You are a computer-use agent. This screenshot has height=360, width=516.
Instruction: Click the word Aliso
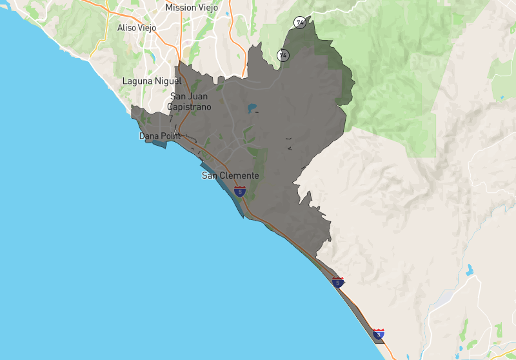pyautogui.click(x=128, y=28)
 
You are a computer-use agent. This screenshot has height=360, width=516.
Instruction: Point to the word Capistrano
pyautogui.click(x=189, y=106)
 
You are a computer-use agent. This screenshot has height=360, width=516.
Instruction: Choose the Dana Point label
pyautogui.click(x=159, y=136)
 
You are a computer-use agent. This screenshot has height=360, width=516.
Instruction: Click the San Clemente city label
pyautogui.click(x=230, y=175)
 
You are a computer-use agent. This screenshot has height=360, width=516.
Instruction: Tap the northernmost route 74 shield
pyautogui.click(x=300, y=23)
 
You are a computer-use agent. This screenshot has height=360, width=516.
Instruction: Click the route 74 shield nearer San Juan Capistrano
pyautogui.click(x=283, y=55)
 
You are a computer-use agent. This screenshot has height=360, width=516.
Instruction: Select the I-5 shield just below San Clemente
pyautogui.click(x=240, y=192)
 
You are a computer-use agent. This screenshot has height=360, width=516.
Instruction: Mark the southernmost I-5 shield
pyautogui.click(x=379, y=334)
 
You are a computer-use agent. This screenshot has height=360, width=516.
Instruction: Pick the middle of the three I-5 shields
pyautogui.click(x=338, y=282)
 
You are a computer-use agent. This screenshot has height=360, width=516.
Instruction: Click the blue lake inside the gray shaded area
pyautogui.click(x=252, y=108)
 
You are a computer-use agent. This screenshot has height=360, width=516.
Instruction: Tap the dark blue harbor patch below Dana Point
pyautogui.click(x=159, y=143)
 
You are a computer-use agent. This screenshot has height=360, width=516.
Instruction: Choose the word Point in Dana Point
pyautogui.click(x=170, y=136)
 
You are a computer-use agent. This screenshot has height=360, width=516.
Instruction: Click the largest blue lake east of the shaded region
pyautogui.click(x=470, y=269)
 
